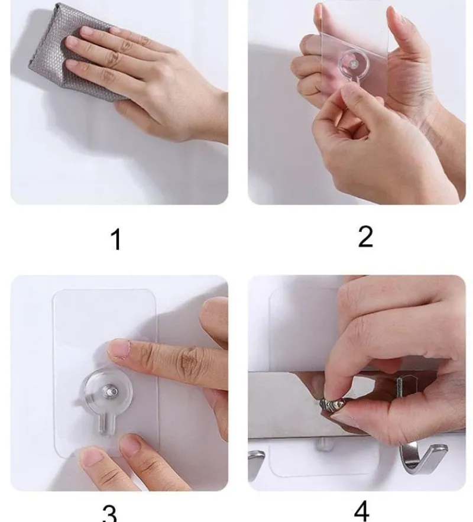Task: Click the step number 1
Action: point(116,239)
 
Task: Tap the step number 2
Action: point(365,236)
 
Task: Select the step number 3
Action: point(109,514)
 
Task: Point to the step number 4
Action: point(361,511)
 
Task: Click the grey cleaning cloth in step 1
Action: point(67,50)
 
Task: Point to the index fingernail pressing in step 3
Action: point(118,348)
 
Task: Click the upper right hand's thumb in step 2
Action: point(401,37)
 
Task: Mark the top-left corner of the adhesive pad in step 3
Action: point(53,290)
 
